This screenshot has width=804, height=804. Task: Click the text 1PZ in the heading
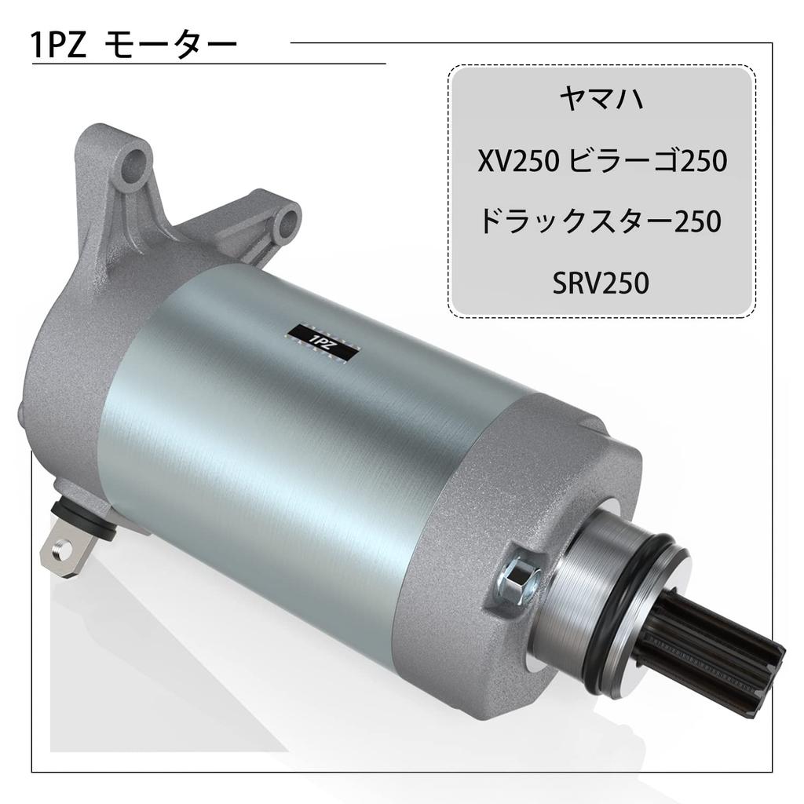(58, 46)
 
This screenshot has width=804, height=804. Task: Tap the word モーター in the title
(170, 46)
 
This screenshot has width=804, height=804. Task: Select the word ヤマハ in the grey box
(601, 98)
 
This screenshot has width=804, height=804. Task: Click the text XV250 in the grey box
(517, 161)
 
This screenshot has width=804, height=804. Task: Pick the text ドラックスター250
(601, 221)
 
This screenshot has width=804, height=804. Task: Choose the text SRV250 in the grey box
(601, 283)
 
